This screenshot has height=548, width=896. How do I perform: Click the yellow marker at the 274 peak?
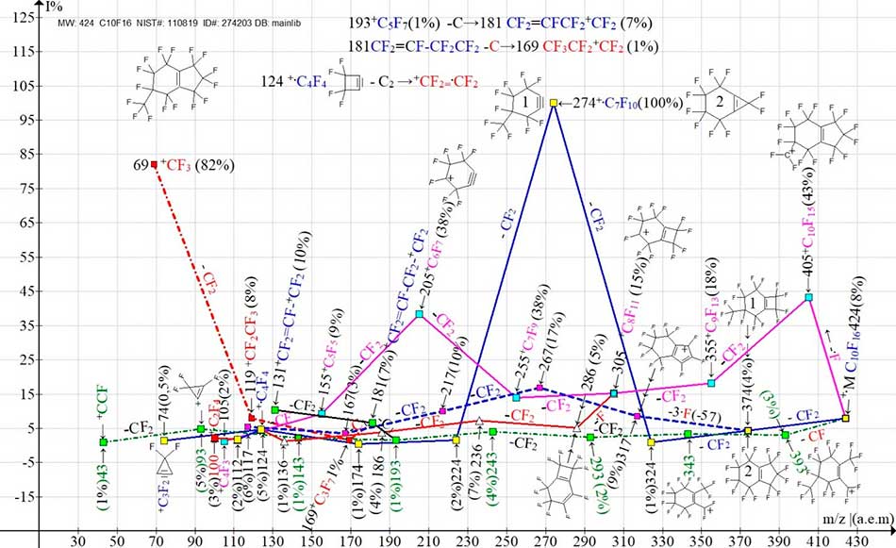point(554,102)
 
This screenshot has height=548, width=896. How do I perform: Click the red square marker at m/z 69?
point(155,164)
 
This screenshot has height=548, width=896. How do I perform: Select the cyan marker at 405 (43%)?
point(809,298)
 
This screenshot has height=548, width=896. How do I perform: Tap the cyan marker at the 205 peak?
point(420,314)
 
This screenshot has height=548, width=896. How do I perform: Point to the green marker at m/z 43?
point(103,441)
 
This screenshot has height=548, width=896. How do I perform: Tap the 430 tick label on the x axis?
point(858,540)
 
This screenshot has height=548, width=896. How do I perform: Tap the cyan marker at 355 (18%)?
point(712,383)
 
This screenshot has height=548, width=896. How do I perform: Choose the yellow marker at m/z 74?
point(164,440)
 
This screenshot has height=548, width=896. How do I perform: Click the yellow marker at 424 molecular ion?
point(846,418)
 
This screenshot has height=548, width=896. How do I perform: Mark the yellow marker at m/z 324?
point(652,441)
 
